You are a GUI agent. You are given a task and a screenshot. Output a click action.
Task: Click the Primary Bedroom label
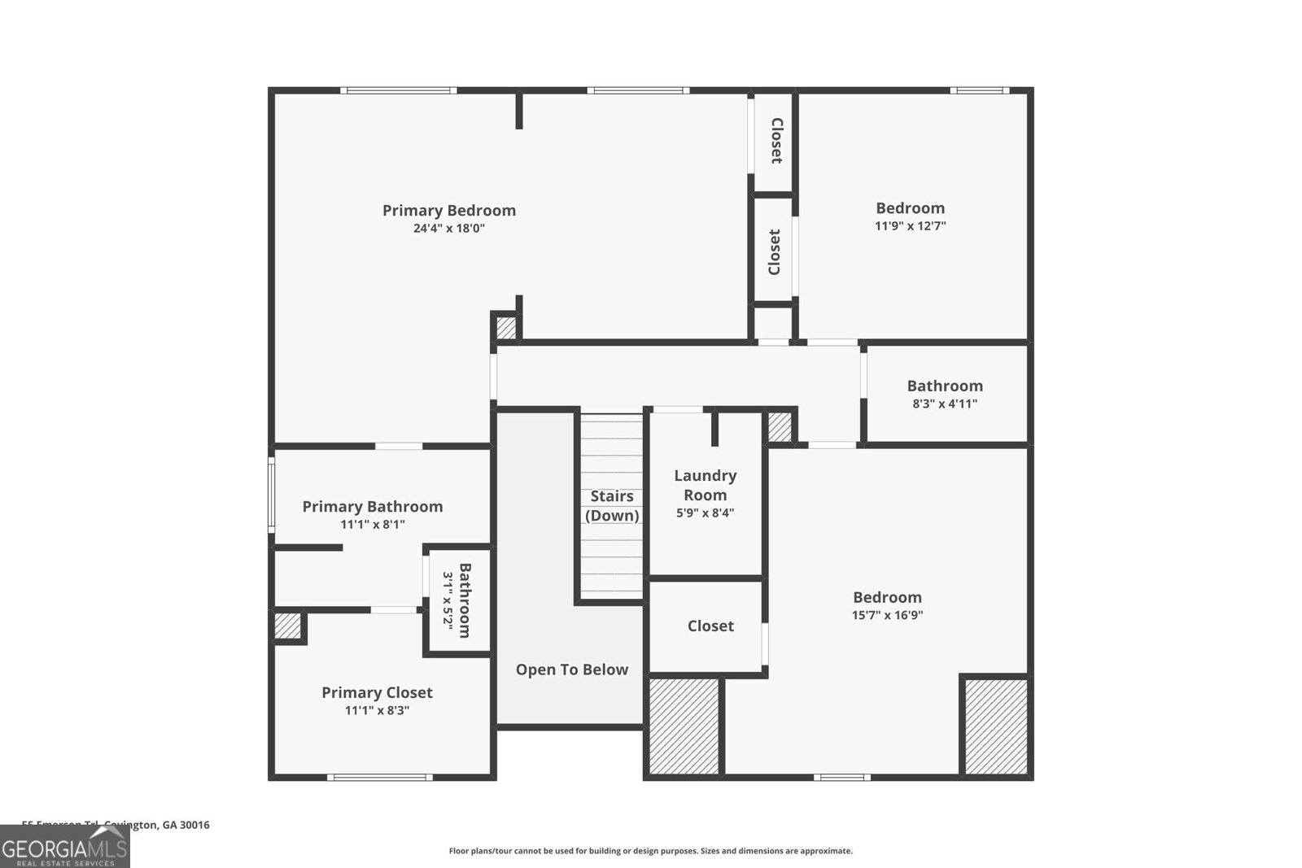point(449,210)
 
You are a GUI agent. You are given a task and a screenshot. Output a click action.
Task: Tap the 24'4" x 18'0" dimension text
point(449,229)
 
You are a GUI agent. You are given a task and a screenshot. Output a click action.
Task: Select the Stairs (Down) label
point(612,505)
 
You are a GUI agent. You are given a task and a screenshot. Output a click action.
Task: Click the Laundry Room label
point(705,485)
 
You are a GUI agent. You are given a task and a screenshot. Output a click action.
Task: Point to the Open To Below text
point(571,670)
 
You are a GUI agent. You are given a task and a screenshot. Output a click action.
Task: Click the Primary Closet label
point(377,692)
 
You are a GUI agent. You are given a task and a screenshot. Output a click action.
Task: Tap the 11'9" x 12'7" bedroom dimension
point(910,226)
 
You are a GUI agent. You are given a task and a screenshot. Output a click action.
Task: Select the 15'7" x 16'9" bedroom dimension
point(887,616)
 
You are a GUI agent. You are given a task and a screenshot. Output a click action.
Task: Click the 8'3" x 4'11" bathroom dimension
point(945,403)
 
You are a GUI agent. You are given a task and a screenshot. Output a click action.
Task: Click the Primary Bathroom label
point(373,506)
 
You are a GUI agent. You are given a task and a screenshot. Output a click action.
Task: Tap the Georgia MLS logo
point(65,847)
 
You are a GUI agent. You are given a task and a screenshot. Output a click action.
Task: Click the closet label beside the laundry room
point(710,626)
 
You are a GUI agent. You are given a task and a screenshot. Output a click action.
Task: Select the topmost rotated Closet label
point(776,141)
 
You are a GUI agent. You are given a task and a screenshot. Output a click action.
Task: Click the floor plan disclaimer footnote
point(650,851)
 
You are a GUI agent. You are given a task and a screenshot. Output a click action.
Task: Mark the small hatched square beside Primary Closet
point(286,626)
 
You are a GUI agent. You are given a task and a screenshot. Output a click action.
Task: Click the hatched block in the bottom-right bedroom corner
point(995,726)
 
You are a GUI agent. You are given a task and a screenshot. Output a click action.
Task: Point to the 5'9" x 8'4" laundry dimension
point(705,513)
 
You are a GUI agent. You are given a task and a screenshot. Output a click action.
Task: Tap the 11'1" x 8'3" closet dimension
point(377,710)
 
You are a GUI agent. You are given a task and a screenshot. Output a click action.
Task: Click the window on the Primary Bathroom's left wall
point(272,494)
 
